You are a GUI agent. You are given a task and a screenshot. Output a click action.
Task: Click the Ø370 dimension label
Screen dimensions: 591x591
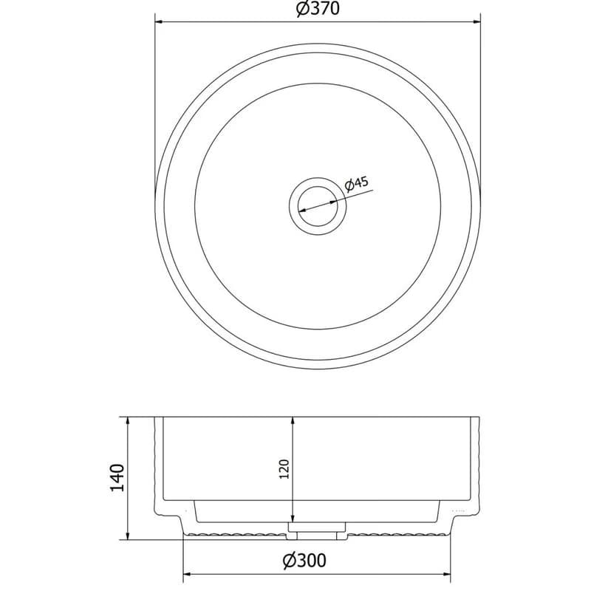click(318, 9)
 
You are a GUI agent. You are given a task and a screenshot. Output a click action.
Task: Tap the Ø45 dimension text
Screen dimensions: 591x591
click(356, 184)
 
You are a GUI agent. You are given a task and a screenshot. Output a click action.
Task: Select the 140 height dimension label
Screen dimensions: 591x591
click(117, 477)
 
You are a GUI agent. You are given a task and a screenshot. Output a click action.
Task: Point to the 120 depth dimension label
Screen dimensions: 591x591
click(284, 469)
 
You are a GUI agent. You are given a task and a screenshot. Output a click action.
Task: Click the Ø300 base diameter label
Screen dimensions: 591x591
click(304, 561)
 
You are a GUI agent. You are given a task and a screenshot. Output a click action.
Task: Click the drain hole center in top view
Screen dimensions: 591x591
click(318, 206)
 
